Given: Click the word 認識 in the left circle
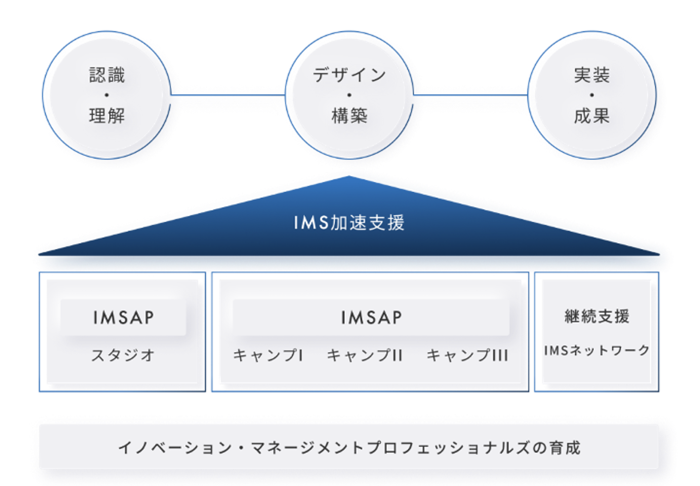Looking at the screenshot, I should pyautogui.click(x=107, y=75).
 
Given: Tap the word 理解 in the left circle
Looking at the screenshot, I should pyautogui.click(x=107, y=116).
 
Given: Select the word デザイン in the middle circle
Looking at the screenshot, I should pyautogui.click(x=349, y=75).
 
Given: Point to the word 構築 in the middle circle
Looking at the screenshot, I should pyautogui.click(x=349, y=116).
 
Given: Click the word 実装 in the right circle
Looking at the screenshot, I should pyautogui.click(x=592, y=75).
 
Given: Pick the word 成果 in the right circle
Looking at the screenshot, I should pyautogui.click(x=592, y=116).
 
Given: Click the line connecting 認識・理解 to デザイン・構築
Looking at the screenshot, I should pyautogui.click(x=228, y=95).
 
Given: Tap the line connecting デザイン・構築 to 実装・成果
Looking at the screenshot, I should pyautogui.click(x=471, y=95).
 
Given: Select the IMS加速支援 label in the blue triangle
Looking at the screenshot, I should pyautogui.click(x=349, y=223).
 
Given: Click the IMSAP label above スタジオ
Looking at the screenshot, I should pyautogui.click(x=123, y=318).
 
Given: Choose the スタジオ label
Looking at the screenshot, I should pyautogui.click(x=123, y=355).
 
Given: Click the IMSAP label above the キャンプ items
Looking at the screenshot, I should pyautogui.click(x=371, y=318).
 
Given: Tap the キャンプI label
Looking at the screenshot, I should pyautogui.click(x=268, y=355).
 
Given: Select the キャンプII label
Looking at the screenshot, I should pyautogui.click(x=365, y=355).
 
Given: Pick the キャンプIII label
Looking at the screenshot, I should pyautogui.click(x=467, y=355).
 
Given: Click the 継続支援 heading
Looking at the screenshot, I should pyautogui.click(x=597, y=316).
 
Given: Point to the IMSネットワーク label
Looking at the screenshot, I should pyautogui.click(x=597, y=351).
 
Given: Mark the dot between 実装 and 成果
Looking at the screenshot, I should pyautogui.click(x=592, y=95).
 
